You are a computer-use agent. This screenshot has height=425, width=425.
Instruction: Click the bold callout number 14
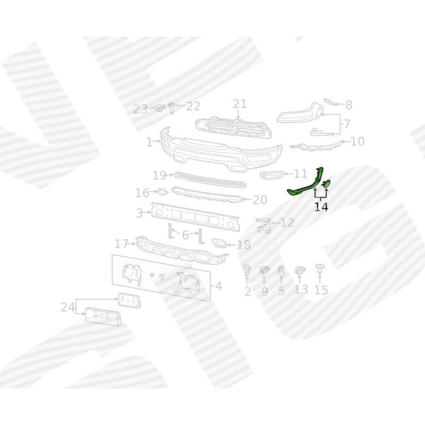pyautogui.click(x=321, y=207)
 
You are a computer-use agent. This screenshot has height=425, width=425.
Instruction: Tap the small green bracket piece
pyautogui.click(x=326, y=184)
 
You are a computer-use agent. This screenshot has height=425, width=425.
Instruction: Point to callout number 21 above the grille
pyautogui.click(x=240, y=104)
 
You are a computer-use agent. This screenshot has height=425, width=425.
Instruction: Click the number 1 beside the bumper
pyautogui.click(x=149, y=142)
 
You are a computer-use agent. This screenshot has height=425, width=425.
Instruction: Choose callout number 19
pyautogui.click(x=159, y=176)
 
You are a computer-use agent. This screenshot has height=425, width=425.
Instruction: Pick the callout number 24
pyautogui.click(x=68, y=308)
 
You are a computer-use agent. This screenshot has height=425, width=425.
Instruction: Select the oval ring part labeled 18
pyautogui.click(x=219, y=243)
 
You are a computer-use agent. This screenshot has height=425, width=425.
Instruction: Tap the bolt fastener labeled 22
pyautogui.click(x=171, y=107)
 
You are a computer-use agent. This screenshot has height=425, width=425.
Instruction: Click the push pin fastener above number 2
pyautogui.click(x=247, y=271)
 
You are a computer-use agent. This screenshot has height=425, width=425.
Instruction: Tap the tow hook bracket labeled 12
pyautogui.click(x=264, y=225)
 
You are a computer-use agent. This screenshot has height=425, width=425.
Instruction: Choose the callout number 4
pyautogui.click(x=218, y=286)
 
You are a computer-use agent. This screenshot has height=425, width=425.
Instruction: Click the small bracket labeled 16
pyautogui.click(x=163, y=191)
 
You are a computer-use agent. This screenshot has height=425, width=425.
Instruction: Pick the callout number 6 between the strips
pyautogui.click(x=185, y=235)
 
